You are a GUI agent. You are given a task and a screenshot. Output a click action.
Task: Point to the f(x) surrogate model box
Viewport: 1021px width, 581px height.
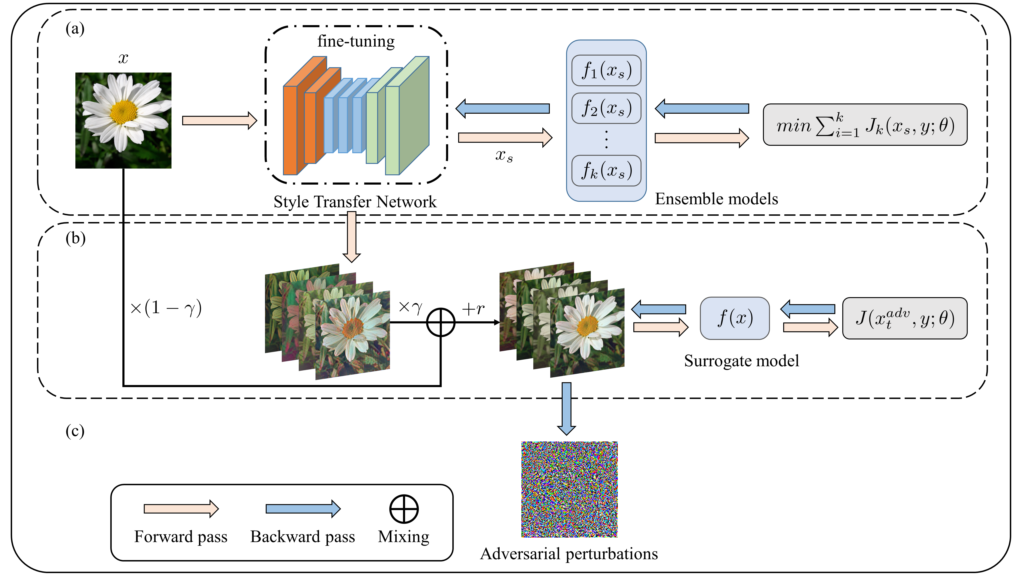click(x=734, y=318)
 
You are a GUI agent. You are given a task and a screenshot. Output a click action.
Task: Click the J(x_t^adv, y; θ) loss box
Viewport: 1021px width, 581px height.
click(x=904, y=318)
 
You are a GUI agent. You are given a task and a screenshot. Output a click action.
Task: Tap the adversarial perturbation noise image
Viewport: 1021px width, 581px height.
click(x=569, y=489)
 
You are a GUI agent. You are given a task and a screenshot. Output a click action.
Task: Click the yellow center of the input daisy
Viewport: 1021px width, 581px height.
click(x=124, y=112)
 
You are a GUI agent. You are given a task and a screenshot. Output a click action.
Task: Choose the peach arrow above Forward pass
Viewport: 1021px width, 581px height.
click(x=181, y=509)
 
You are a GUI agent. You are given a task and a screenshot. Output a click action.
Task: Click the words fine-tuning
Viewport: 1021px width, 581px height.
click(x=356, y=41)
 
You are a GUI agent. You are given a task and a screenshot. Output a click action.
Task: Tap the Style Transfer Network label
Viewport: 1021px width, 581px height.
click(x=355, y=202)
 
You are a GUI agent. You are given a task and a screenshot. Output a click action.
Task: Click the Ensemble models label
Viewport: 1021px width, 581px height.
click(x=716, y=199)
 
